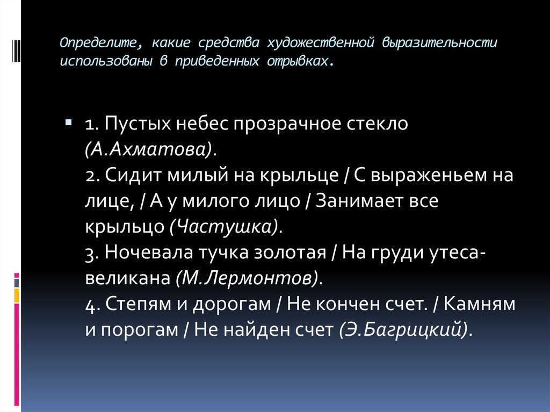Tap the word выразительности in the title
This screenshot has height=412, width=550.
pos(439,42)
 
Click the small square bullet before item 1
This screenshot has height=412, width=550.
pos(69,123)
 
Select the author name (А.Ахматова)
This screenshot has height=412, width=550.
pos(148,149)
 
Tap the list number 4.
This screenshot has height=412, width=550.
pos(90,304)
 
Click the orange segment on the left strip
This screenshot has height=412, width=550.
pos(17,295)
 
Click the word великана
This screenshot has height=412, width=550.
pos(127,278)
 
